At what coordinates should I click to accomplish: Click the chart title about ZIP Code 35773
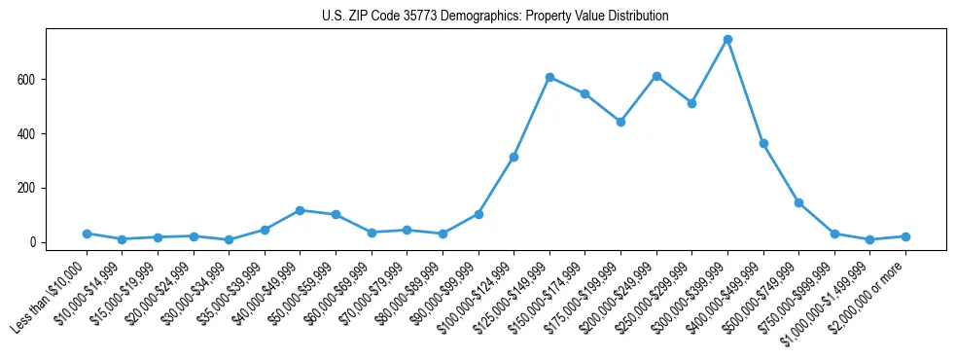click(495, 16)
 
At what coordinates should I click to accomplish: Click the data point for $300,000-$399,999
click(727, 40)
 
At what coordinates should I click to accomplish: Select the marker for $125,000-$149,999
click(549, 77)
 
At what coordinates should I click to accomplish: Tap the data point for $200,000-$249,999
click(656, 76)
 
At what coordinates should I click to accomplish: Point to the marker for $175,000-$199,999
click(620, 122)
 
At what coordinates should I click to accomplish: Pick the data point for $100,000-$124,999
click(513, 157)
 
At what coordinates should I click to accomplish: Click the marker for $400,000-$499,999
click(763, 143)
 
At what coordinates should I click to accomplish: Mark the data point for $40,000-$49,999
click(300, 210)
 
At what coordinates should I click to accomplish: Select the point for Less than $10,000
click(87, 234)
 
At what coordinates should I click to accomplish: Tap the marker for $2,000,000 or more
click(905, 236)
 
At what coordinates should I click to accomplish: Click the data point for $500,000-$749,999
click(798, 202)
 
